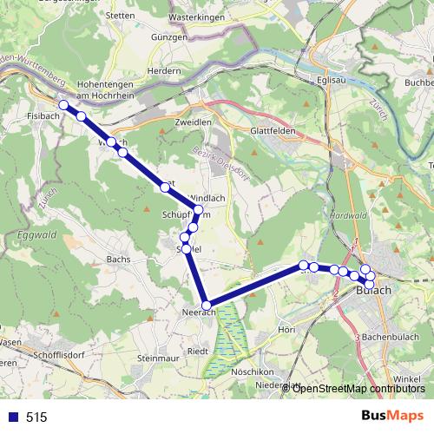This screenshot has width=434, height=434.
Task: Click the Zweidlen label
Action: [x=193, y=122]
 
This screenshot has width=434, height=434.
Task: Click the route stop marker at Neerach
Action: [x=207, y=305]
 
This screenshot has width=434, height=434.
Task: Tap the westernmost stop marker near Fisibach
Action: [x=62, y=105]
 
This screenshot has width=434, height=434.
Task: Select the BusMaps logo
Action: [x=391, y=416]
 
